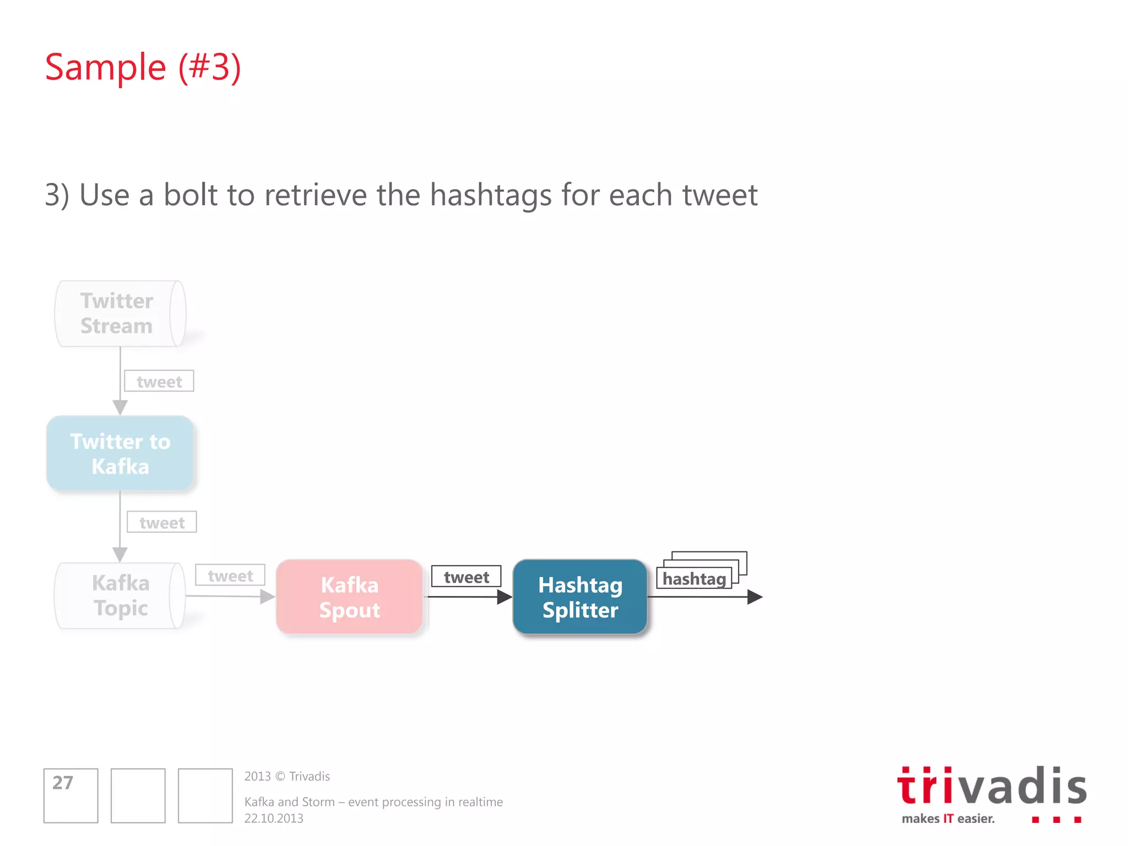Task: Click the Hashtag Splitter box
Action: click(x=579, y=597)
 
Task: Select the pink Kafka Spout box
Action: click(x=349, y=597)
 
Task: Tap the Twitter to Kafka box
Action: click(x=120, y=454)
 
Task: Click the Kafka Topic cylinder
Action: click(x=120, y=595)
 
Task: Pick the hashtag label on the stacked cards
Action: click(x=694, y=579)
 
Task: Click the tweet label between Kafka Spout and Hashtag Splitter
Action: click(x=466, y=577)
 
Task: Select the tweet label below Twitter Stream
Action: click(x=159, y=381)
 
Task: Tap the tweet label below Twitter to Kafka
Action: click(x=162, y=522)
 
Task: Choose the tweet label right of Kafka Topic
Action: click(x=230, y=576)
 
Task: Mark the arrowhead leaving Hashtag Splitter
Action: click(x=755, y=597)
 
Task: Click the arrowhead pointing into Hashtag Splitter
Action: click(x=505, y=597)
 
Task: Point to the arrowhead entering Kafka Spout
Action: click(x=268, y=596)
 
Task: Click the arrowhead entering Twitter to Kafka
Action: click(x=120, y=408)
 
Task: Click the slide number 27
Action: click(x=63, y=783)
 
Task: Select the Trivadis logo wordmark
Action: click(x=991, y=787)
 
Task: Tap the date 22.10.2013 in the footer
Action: click(x=274, y=818)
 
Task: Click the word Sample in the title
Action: click(x=105, y=67)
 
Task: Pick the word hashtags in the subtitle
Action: click(x=491, y=196)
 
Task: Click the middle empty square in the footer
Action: click(x=138, y=796)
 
